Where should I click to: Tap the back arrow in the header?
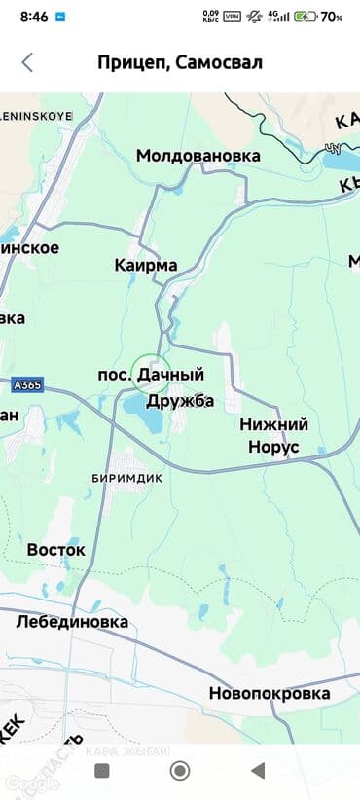click(x=27, y=63)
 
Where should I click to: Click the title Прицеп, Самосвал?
click(x=179, y=63)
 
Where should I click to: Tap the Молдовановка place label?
click(x=198, y=156)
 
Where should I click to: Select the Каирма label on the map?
click(x=146, y=266)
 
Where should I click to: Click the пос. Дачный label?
click(x=152, y=375)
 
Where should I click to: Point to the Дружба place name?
click(x=180, y=401)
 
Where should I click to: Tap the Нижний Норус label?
click(x=273, y=436)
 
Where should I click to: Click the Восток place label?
click(x=55, y=550)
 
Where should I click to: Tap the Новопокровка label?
click(x=270, y=694)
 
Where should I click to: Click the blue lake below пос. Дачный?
click(x=144, y=416)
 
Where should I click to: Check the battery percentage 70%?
click(x=331, y=17)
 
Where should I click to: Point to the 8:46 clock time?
click(x=34, y=17)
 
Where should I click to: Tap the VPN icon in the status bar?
click(x=233, y=17)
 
